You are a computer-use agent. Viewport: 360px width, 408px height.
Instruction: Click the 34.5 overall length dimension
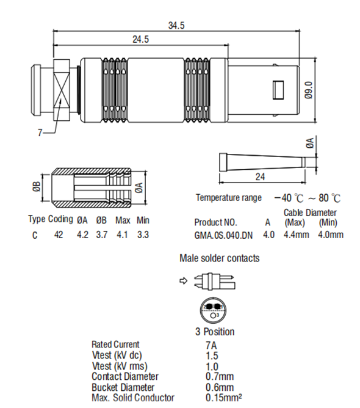coord(176,25)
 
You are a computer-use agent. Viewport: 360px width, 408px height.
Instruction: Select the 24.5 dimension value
coord(141,39)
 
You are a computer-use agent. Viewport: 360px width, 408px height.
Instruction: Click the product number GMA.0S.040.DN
coord(223,235)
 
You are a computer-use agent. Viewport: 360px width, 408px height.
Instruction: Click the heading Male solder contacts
coord(219,258)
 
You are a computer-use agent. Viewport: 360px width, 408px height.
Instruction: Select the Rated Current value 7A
coord(212,344)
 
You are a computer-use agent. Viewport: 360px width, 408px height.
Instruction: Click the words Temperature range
coord(229,198)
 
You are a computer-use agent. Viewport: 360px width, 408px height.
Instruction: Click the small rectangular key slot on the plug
coord(277,90)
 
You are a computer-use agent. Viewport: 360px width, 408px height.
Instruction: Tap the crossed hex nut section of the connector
coord(63,90)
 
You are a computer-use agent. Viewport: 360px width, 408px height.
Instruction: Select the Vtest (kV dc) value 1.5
coord(212,355)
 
